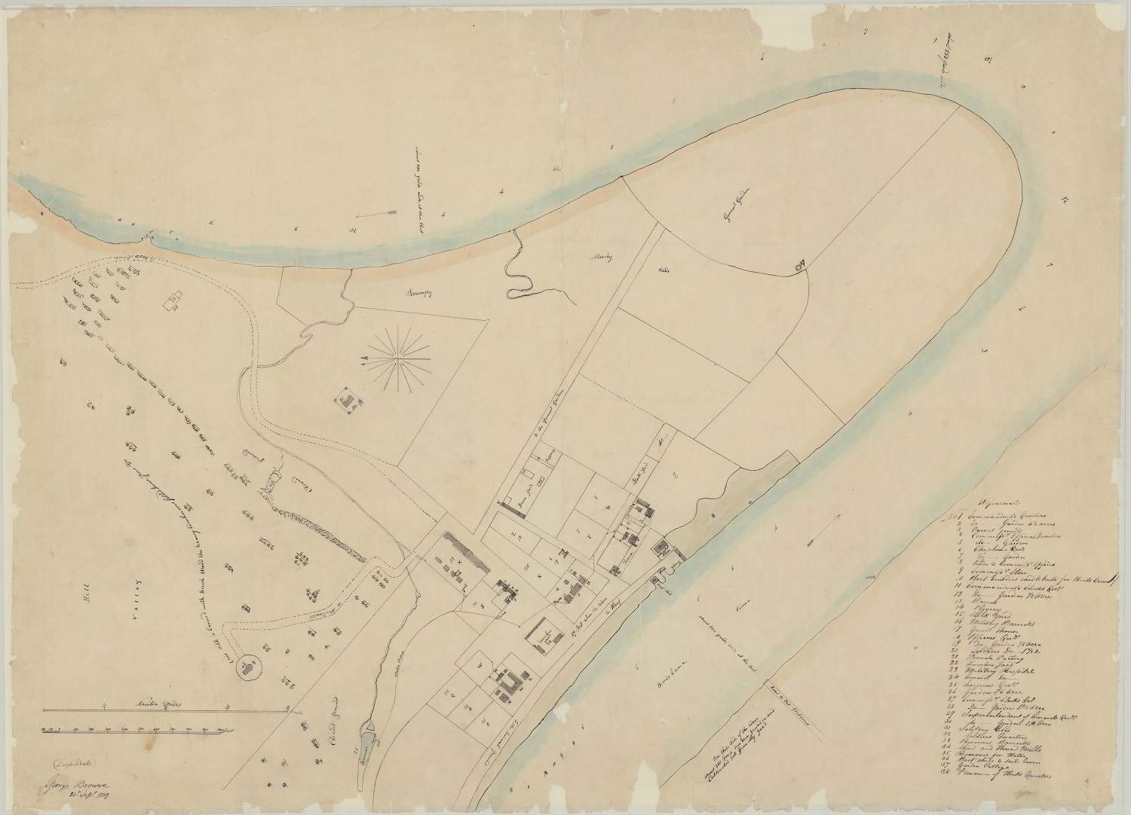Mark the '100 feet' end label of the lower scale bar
pos(222,730)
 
